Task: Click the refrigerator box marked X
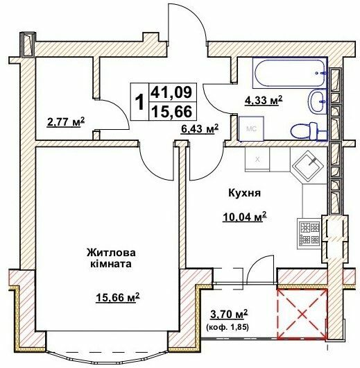pyautogui.click(x=257, y=159)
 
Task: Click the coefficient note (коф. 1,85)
pyautogui.click(x=229, y=326)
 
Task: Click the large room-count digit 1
pyautogui.click(x=140, y=102)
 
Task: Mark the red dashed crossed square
pyautogui.click(x=302, y=313)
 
